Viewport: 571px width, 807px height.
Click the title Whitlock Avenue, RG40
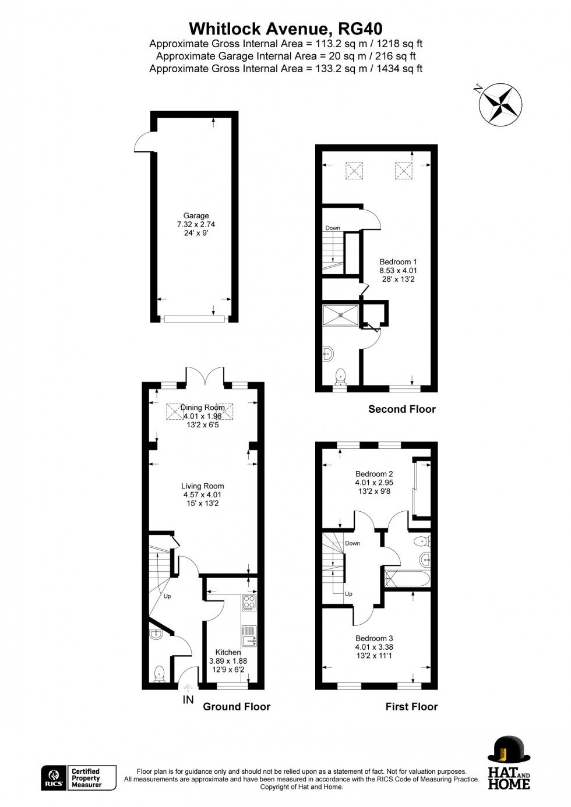(285, 29)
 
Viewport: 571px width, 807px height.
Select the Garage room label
(196, 216)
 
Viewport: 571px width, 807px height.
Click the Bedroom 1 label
(398, 262)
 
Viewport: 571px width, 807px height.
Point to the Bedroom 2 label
(374, 474)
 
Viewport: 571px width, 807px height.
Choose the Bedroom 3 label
(374, 638)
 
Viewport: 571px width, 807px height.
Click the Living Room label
(202, 486)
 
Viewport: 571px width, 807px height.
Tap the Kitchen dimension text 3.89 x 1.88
(228, 661)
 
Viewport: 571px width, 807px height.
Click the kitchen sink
(249, 636)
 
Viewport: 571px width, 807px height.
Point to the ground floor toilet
(159, 674)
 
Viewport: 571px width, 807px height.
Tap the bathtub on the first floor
(407, 579)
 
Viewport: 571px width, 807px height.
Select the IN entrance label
(188, 700)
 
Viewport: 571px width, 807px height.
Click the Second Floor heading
(401, 409)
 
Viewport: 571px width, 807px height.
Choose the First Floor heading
(411, 707)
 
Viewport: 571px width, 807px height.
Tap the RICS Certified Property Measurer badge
(79, 778)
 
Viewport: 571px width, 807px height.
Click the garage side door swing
(143, 143)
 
